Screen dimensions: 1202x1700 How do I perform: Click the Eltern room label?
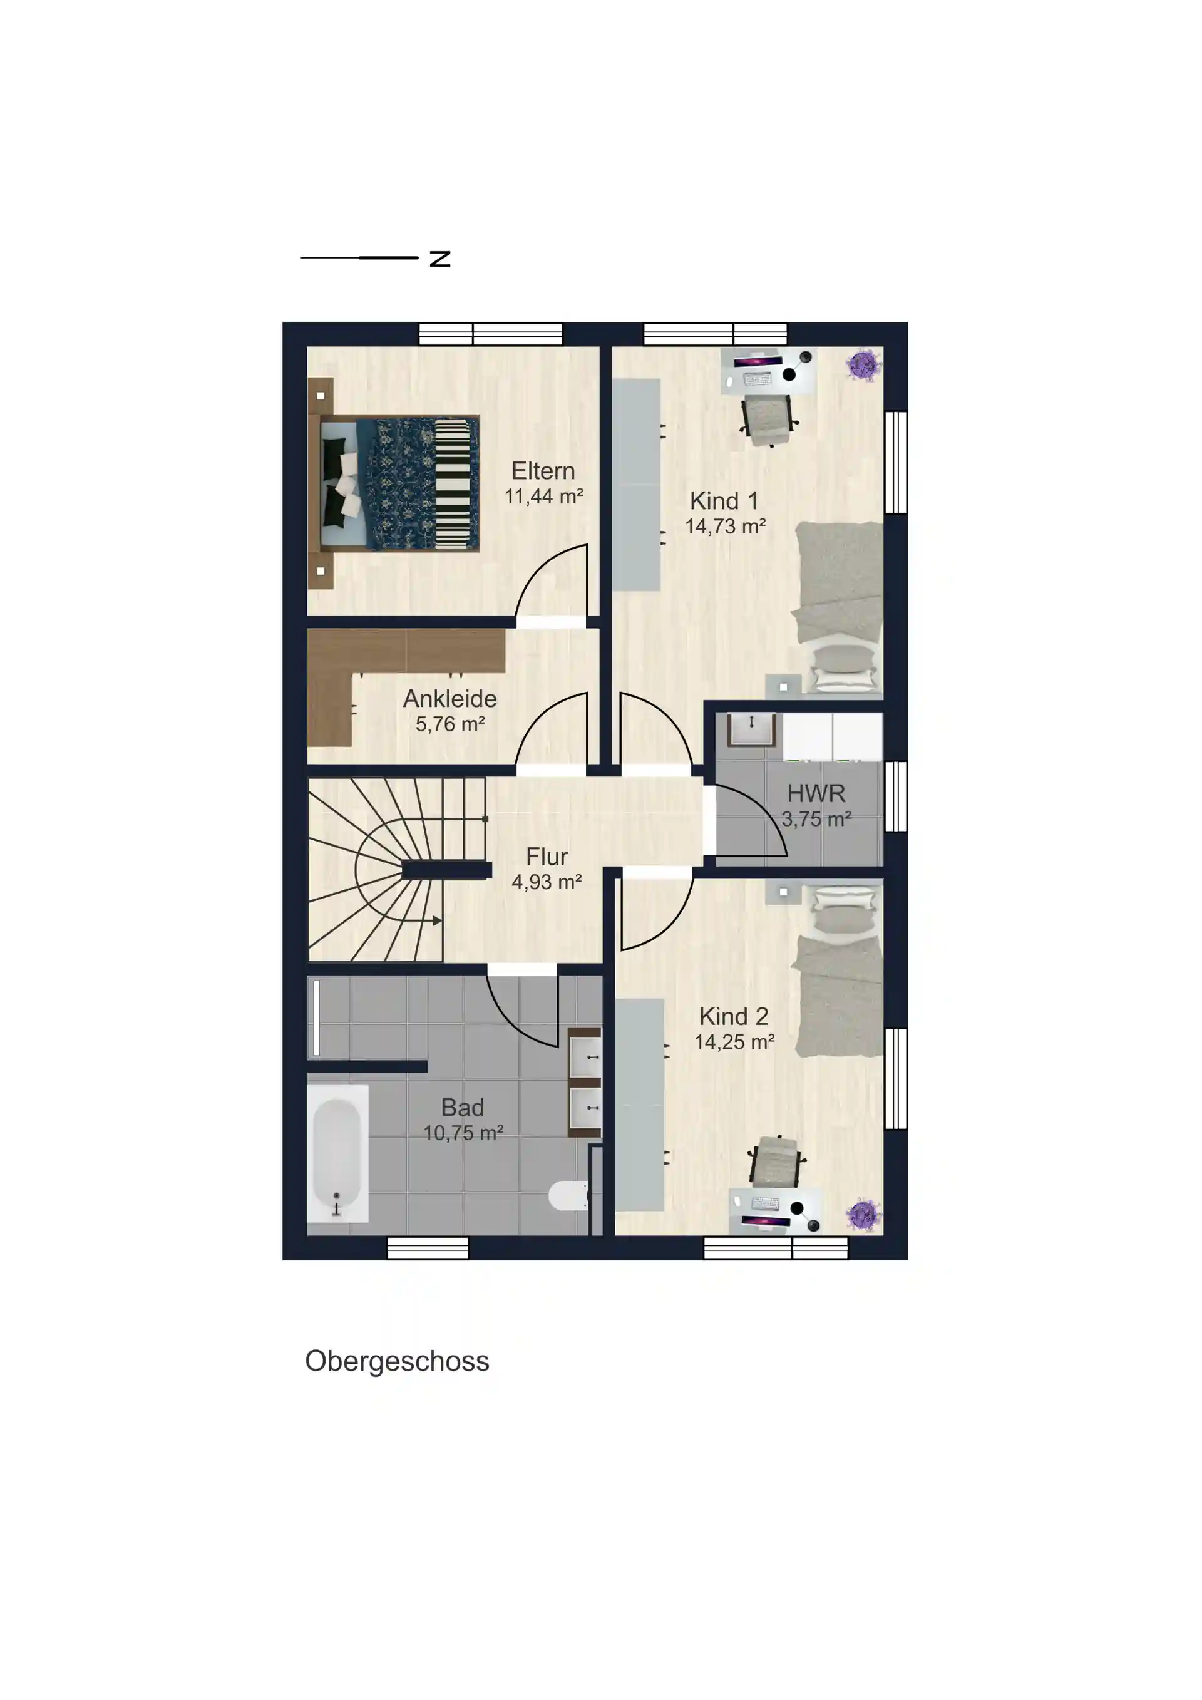point(543,471)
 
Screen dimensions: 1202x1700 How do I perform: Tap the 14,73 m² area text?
point(726,527)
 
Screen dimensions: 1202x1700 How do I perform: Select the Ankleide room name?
point(450,698)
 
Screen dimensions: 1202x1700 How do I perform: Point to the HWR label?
point(816,793)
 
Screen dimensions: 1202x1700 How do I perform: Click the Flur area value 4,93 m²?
point(547,882)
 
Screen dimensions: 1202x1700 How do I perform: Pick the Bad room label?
point(463,1107)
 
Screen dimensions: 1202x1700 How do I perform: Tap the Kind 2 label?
point(734,1016)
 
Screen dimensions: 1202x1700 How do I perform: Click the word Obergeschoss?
point(398,1361)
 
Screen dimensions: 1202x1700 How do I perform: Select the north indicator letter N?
point(440,259)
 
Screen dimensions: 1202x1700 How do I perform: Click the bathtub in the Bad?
point(337,1153)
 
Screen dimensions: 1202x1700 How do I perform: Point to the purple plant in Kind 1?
point(863,365)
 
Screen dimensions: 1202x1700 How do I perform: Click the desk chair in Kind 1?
point(769,420)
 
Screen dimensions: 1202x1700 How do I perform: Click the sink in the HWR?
point(751,729)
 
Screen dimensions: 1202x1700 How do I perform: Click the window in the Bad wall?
point(428,1249)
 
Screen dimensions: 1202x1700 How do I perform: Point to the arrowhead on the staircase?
point(438,921)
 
